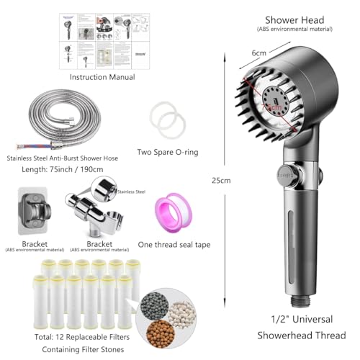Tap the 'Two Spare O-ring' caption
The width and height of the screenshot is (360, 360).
167,152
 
